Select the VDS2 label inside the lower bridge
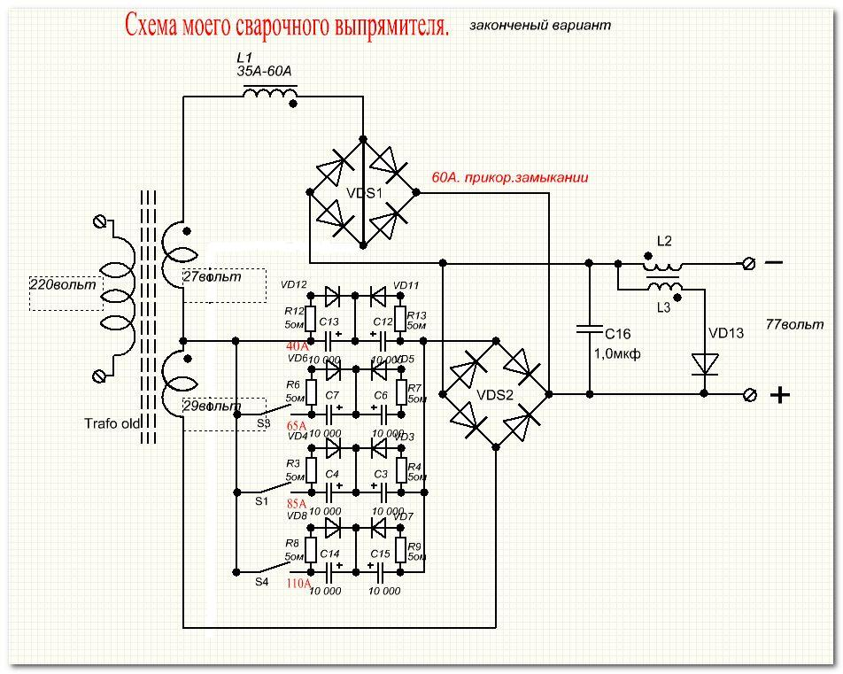[x=495, y=395]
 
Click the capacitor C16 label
[x=618, y=334]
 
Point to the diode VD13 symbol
[x=706, y=363]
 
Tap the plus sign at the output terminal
[x=779, y=395]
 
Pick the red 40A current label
[x=298, y=345]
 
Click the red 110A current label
[x=298, y=584]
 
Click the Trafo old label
[x=112, y=423]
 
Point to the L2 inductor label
[x=664, y=241]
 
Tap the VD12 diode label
[x=294, y=284]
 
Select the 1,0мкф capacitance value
[x=617, y=353]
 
